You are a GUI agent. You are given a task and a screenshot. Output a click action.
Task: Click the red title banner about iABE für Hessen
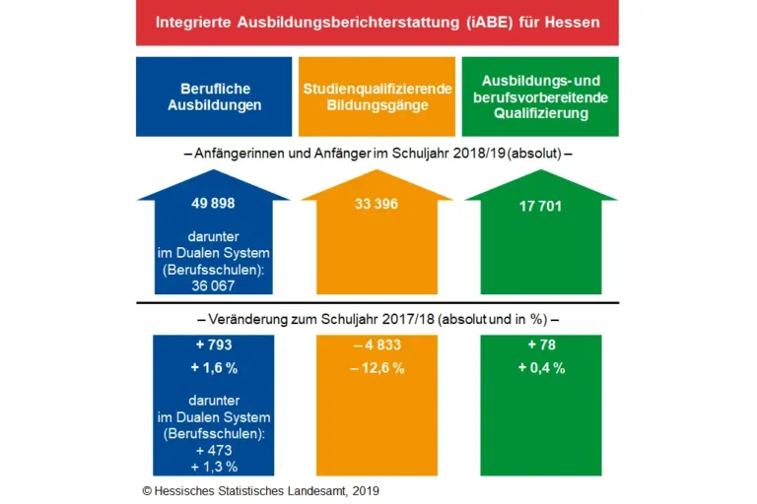tap(378, 24)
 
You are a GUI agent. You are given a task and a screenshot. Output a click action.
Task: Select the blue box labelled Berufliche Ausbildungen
tap(214, 96)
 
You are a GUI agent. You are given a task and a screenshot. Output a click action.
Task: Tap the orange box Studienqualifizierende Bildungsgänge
tap(378, 96)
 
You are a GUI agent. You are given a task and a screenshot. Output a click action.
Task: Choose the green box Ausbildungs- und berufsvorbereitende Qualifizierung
tap(541, 96)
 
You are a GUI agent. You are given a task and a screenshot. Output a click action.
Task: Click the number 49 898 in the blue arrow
tap(214, 205)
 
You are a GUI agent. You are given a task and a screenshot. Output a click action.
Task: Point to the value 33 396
tap(378, 205)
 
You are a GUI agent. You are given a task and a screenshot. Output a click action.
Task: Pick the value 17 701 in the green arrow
tap(540, 206)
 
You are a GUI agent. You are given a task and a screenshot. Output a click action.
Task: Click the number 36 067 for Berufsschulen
tap(214, 285)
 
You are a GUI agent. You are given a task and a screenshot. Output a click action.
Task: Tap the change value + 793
tap(214, 346)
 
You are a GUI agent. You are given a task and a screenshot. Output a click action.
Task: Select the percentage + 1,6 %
tap(214, 368)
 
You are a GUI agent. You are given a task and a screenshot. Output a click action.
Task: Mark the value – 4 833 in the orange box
tap(378, 346)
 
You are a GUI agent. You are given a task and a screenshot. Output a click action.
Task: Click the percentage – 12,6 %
tap(378, 368)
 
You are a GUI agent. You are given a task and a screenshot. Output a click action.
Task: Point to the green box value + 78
tap(541, 346)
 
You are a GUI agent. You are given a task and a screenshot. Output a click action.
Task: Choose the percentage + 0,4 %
tap(541, 368)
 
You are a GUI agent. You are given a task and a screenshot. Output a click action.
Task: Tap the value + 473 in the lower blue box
tap(214, 449)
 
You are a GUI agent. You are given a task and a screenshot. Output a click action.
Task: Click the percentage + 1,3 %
tap(214, 466)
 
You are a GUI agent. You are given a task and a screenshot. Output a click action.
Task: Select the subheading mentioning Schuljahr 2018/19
tap(378, 154)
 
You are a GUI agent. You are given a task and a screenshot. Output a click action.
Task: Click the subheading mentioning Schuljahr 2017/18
tap(378, 319)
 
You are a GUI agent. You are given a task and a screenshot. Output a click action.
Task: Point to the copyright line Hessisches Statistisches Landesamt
tap(260, 489)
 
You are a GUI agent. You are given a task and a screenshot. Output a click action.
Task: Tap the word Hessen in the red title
tap(571, 22)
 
